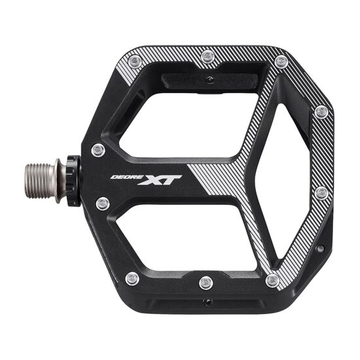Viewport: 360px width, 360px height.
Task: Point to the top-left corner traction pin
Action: coord(135,62)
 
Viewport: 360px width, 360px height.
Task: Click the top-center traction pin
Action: coord(207,57)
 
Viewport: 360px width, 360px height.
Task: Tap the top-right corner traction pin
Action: coord(281,62)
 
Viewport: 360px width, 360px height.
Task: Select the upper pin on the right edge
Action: coord(321,112)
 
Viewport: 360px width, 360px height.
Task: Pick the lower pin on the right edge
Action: coord(321,193)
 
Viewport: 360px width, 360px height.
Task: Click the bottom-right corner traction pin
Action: coord(273,280)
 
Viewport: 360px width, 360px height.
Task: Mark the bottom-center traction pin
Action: coord(206,283)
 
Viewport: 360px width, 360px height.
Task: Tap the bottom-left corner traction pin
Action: coord(132,278)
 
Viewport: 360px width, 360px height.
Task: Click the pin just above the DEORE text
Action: coord(98,150)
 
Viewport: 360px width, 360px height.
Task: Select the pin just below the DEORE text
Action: coord(102,204)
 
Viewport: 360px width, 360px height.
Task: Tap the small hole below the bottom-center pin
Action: coord(206,302)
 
